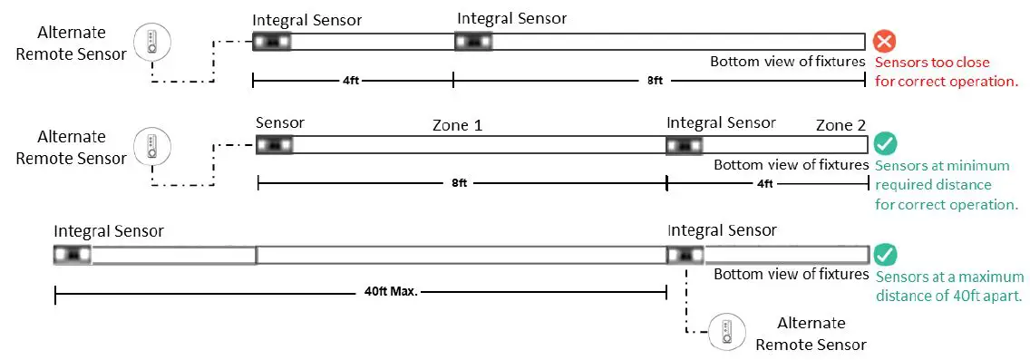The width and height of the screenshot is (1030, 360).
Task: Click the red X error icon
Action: click(x=884, y=42)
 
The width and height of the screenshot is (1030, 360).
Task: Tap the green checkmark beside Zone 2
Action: click(x=886, y=144)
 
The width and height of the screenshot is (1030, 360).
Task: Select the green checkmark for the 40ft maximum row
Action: click(x=886, y=256)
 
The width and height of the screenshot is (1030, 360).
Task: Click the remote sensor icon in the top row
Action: click(x=151, y=41)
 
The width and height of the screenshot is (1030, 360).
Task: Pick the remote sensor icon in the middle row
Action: click(x=151, y=145)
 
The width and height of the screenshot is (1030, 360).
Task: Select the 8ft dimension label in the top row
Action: click(x=656, y=81)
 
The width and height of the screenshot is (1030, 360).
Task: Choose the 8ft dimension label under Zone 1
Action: click(x=459, y=183)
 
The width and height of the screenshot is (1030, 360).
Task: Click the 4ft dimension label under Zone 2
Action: click(x=765, y=183)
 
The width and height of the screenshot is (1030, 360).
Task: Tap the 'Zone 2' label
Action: click(x=841, y=125)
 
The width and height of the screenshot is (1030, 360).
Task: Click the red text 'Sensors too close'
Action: click(x=932, y=63)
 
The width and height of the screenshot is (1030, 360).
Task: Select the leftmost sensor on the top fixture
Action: click(x=271, y=42)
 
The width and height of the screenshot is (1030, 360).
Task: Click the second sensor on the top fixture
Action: click(x=472, y=42)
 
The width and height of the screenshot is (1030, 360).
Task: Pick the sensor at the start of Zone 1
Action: click(x=274, y=144)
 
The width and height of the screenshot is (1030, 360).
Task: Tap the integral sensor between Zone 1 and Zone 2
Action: click(x=684, y=144)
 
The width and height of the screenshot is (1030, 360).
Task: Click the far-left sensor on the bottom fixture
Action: click(x=73, y=255)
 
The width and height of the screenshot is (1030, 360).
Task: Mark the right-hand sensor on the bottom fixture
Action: click(x=685, y=256)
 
